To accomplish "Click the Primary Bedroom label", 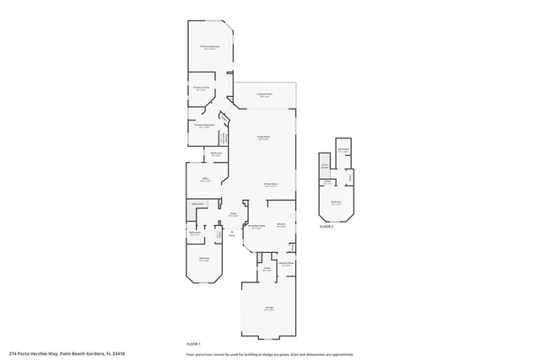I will (x=208, y=48).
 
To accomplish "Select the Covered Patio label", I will (x=264, y=96).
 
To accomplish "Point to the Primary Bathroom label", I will (x=205, y=125).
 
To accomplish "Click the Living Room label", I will (x=263, y=137).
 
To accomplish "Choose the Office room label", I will (x=205, y=180).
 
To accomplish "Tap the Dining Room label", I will (x=271, y=185).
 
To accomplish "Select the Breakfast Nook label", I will (x=256, y=226).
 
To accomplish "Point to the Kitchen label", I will (x=281, y=223).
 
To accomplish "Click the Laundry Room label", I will (x=286, y=263).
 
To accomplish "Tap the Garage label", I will (x=268, y=309).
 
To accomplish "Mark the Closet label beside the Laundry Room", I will (x=267, y=268).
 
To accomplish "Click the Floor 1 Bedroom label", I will (x=203, y=259).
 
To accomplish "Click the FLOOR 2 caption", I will (x=327, y=227).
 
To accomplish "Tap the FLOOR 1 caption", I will (x=194, y=344).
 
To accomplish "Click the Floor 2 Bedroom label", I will (x=336, y=202).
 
